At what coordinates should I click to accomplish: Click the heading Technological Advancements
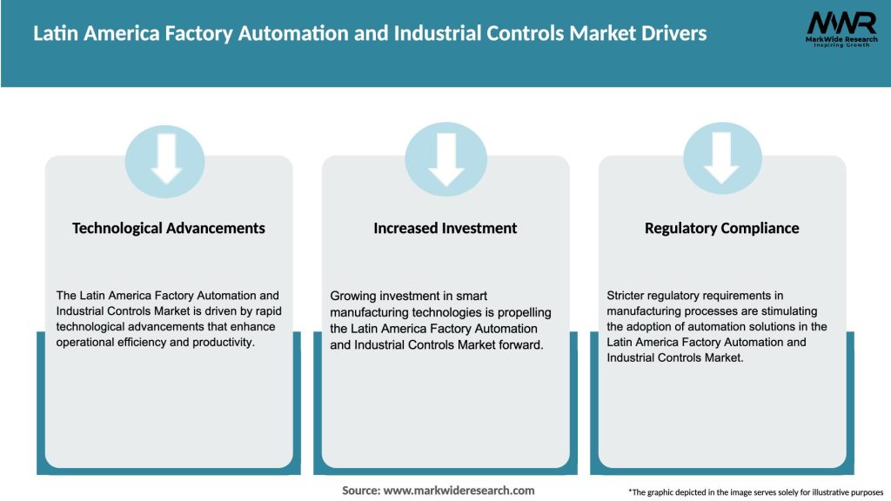coord(169,228)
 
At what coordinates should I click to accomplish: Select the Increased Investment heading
coord(445,228)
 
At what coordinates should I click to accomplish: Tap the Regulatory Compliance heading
coord(721,228)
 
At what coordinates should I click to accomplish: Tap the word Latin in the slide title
coord(55,34)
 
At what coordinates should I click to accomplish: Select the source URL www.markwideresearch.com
coord(459,491)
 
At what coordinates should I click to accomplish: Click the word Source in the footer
coord(360,491)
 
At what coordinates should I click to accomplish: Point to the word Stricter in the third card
coord(628,296)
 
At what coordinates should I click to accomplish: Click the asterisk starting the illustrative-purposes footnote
coord(630,491)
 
